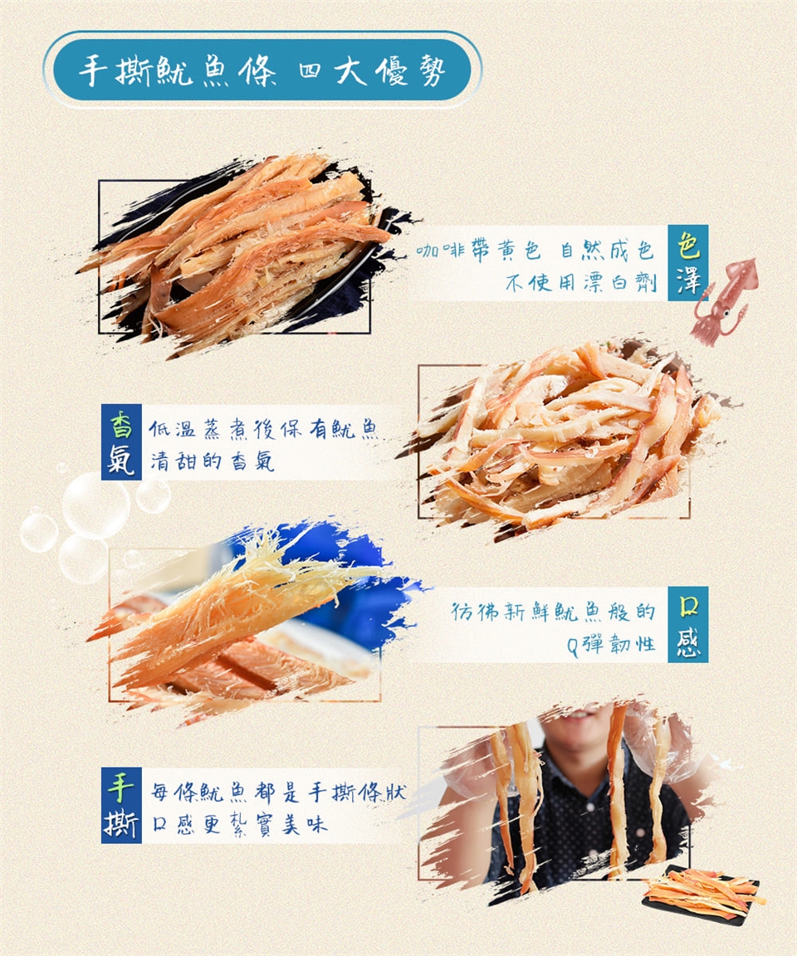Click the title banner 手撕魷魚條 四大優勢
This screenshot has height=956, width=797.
(262, 70)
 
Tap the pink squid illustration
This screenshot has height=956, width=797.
(724, 300)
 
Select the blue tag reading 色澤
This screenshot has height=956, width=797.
(688, 263)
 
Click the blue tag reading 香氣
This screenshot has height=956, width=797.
(121, 442)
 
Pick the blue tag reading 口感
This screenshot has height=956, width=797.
(688, 624)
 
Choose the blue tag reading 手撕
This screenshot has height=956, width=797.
(121, 806)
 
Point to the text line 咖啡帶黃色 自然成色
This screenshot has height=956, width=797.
(535, 249)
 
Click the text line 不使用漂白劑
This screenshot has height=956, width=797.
(580, 282)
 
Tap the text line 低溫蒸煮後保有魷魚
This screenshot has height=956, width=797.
(263, 429)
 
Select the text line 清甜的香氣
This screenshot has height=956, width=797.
(213, 461)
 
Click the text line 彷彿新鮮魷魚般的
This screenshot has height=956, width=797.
(553, 611)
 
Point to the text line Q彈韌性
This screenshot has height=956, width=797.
(610, 644)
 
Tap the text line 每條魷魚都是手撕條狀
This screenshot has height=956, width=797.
(278, 792)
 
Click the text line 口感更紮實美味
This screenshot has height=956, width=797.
(240, 824)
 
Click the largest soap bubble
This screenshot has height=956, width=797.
(95, 505)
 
